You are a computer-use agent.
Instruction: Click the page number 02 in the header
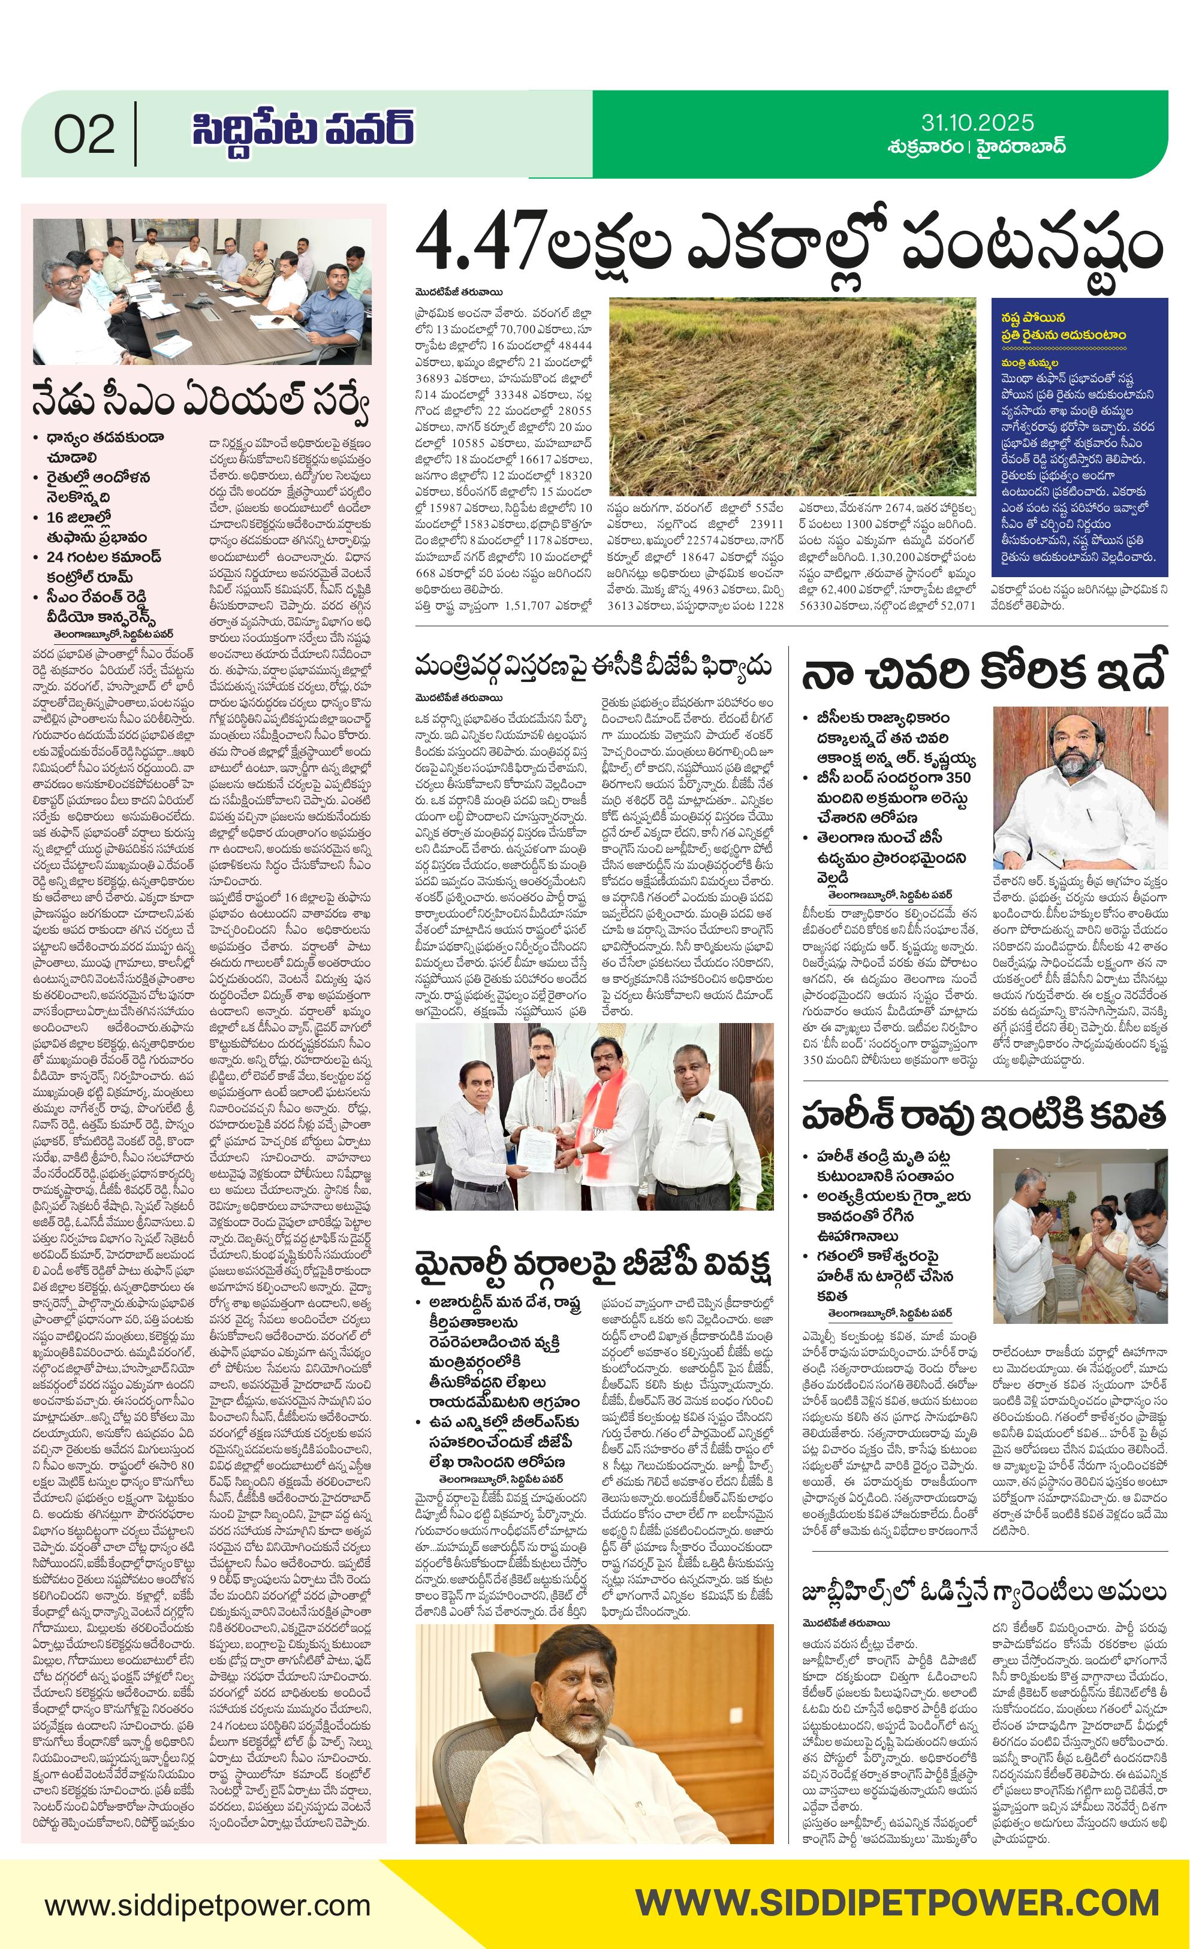click(84, 134)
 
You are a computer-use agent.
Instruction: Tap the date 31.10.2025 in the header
click(977, 123)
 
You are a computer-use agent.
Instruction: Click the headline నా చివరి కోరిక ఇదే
click(984, 672)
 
